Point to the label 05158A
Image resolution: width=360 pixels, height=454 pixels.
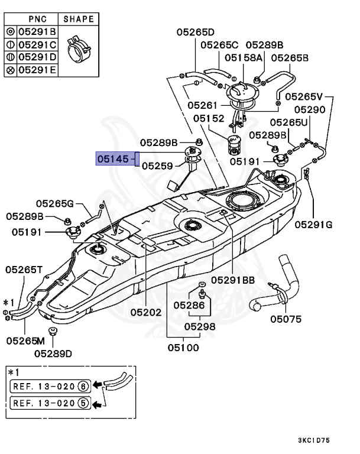coord(243,58)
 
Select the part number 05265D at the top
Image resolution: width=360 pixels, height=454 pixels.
coord(194,32)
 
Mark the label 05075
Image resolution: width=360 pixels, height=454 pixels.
coord(286,319)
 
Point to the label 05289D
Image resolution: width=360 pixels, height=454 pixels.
coord(53,354)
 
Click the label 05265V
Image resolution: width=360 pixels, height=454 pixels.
coord(304,96)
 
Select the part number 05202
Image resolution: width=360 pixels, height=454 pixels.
coord(146,312)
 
